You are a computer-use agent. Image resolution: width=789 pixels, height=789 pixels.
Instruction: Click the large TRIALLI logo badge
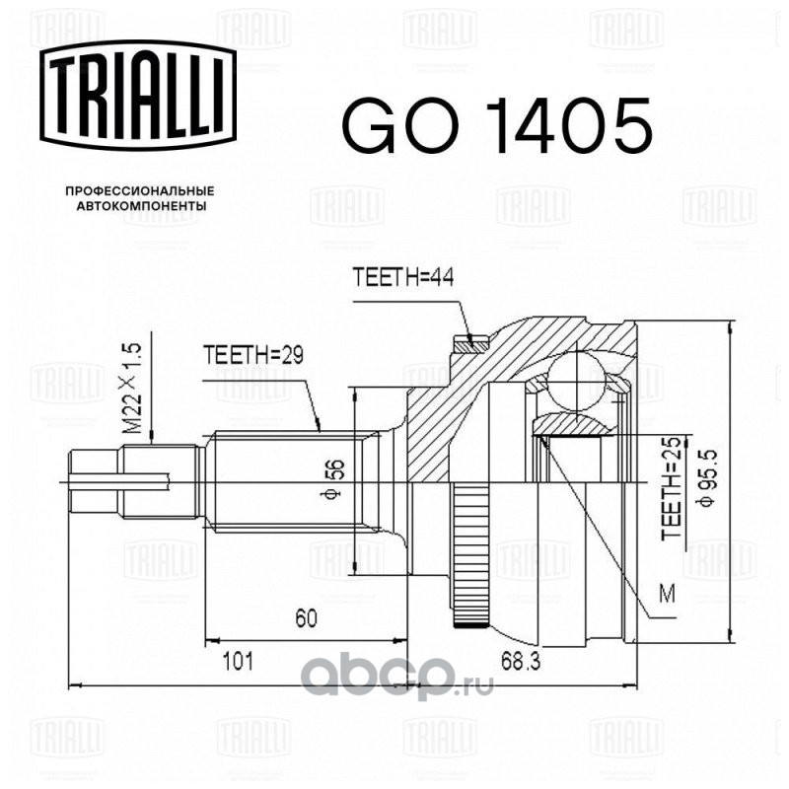(x=138, y=95)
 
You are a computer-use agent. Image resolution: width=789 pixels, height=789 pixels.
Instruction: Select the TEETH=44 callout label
(x=403, y=277)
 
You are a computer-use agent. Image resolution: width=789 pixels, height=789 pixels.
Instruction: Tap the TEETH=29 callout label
(x=253, y=355)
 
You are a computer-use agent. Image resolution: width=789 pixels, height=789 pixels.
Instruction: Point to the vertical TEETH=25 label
(x=671, y=488)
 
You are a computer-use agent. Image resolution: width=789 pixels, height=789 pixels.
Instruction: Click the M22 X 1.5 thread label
(x=132, y=388)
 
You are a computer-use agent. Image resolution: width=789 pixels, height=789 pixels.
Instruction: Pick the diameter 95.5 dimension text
(x=708, y=478)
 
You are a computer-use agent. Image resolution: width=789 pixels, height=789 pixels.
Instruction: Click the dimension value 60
(x=306, y=618)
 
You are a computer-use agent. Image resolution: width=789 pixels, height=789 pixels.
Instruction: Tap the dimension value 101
(x=238, y=661)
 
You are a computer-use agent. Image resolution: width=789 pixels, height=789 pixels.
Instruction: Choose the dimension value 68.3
(x=521, y=661)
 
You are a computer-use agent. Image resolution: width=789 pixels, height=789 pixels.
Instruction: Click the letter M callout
(x=668, y=595)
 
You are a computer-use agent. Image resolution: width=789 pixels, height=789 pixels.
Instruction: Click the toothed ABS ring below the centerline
(x=471, y=554)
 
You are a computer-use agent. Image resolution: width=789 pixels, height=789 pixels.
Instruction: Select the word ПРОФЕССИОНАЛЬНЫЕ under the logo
(x=140, y=191)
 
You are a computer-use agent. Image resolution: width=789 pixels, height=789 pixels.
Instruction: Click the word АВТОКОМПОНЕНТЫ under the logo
(x=141, y=206)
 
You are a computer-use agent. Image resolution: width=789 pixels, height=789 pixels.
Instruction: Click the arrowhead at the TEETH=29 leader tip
(x=318, y=425)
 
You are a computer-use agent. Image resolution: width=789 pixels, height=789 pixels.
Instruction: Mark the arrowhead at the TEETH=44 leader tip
(x=470, y=338)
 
